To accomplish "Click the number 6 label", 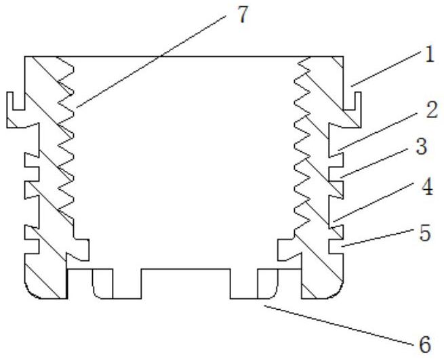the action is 424,344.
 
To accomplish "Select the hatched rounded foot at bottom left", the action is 45,281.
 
